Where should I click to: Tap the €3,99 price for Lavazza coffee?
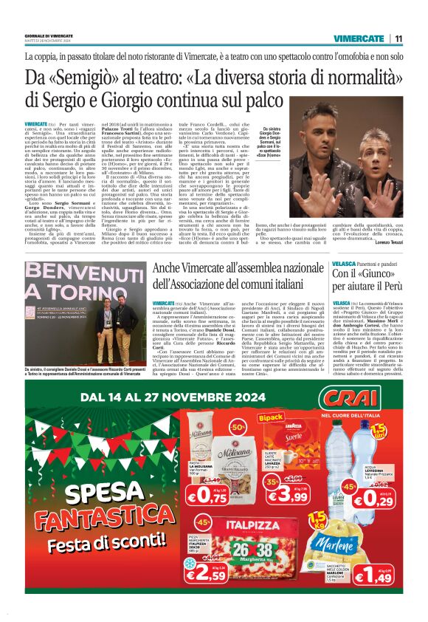297,495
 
